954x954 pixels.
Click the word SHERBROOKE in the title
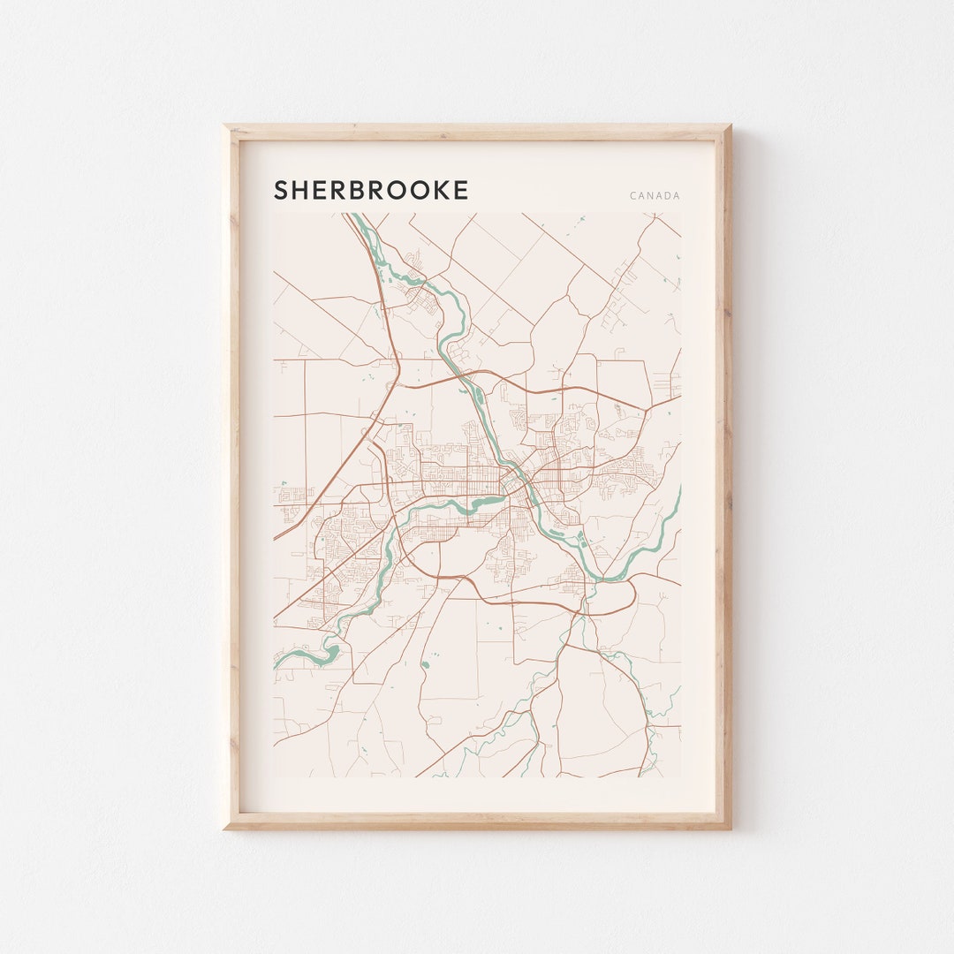point(371,190)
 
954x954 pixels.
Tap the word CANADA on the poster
point(655,196)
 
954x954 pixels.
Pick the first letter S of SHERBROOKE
point(282,190)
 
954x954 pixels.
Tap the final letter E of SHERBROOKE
point(460,190)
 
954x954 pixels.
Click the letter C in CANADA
point(633,196)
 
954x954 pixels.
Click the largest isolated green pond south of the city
point(425,663)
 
